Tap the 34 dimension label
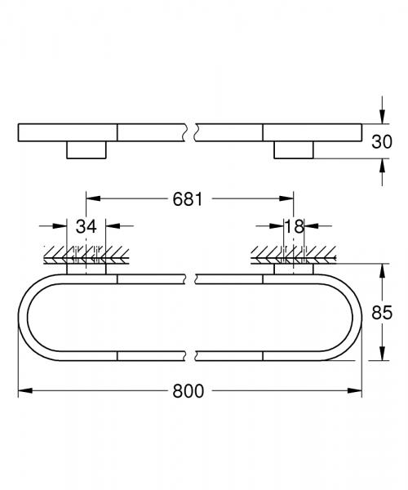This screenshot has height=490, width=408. click(86, 226)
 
